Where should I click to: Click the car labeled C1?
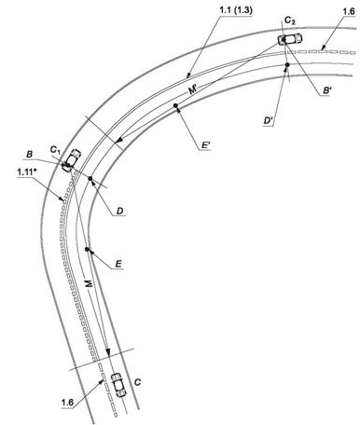coord(71,160)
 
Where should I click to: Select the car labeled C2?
coord(290,38)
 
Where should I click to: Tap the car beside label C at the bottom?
coord(118,385)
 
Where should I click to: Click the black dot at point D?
coord(90,178)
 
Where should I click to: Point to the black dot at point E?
coord(87,249)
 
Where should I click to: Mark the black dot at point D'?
coord(287,64)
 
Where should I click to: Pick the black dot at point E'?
coord(175,105)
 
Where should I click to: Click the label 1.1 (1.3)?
coord(236,10)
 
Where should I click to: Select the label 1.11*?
coord(27,172)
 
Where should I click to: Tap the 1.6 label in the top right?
coord(348,11)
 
